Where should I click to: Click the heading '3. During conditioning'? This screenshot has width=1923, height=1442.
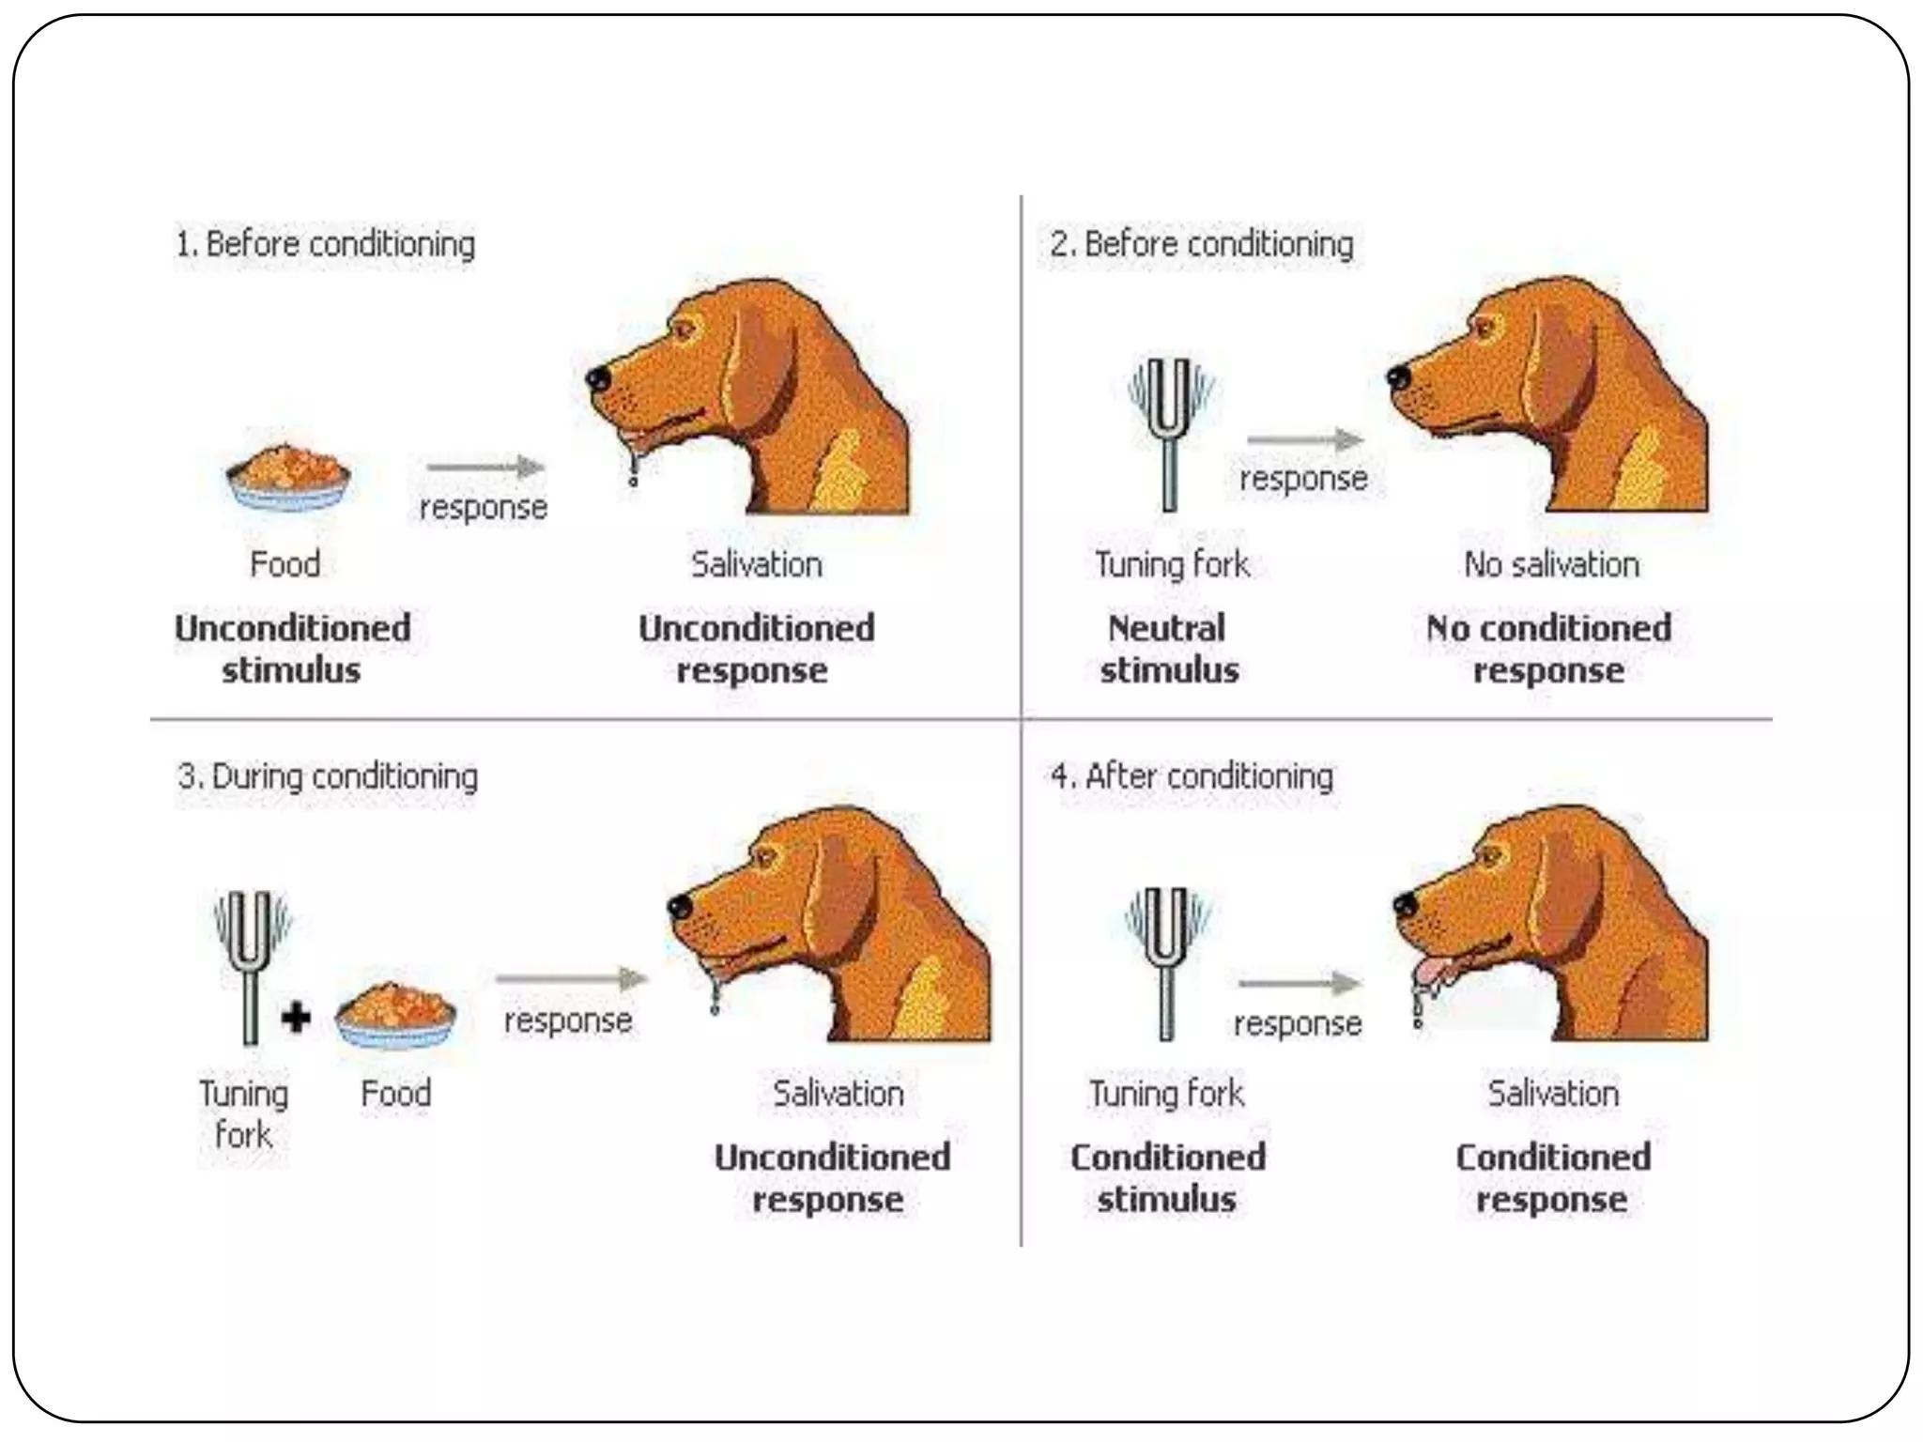(328, 777)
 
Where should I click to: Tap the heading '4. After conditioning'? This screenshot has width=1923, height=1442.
(1192, 777)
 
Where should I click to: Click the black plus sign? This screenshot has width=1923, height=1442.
(296, 1017)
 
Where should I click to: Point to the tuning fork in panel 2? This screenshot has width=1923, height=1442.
(1169, 432)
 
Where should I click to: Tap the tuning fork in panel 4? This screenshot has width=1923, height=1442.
(1165, 962)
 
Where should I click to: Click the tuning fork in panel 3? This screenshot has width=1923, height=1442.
(250, 967)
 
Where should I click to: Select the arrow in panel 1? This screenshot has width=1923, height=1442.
(485, 467)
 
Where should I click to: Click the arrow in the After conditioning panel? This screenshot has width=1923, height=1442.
(1300, 983)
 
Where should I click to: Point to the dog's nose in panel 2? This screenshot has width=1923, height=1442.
(1398, 376)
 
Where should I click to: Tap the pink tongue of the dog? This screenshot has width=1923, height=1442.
(1428, 974)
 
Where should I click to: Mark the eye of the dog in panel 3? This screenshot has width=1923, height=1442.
(765, 857)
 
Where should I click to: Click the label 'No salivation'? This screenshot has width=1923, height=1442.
(1551, 564)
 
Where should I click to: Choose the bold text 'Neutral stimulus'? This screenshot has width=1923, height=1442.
(1168, 649)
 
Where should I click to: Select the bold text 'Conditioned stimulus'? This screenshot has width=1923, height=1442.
(1167, 1177)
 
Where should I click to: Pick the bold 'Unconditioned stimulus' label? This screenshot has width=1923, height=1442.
(292, 649)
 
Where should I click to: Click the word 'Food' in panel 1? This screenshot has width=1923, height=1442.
(285, 564)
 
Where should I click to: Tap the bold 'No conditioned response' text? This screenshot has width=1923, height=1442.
(1548, 649)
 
